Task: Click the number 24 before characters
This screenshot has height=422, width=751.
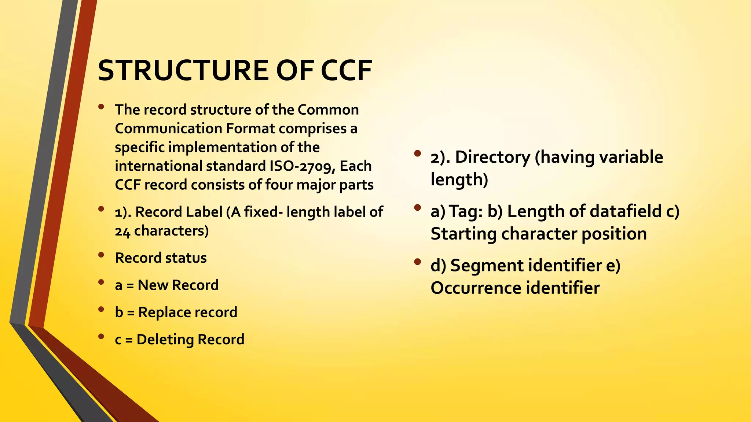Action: point(122,232)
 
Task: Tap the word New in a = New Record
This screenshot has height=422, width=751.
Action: point(153,285)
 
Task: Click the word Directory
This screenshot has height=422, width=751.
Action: point(492,157)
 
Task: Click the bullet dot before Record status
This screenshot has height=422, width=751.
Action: point(101,255)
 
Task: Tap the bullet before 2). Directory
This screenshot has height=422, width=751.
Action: point(417,153)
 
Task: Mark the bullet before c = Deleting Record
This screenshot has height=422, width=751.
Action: point(101,336)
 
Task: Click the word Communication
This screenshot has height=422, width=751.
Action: point(168,129)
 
